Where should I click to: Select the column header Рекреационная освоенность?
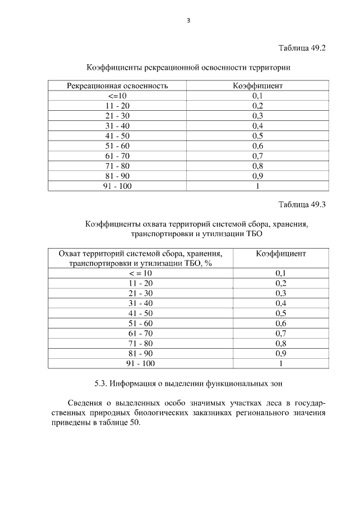(x=118, y=86)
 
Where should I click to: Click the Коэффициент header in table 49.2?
(x=258, y=86)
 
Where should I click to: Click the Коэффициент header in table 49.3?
(x=281, y=254)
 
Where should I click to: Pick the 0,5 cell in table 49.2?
(x=258, y=136)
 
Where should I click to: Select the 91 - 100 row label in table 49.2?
(x=117, y=186)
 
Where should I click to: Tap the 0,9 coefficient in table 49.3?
(x=281, y=353)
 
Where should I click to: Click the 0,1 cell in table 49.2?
(x=258, y=96)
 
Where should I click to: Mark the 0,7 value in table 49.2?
(x=258, y=156)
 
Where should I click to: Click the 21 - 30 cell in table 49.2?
(x=117, y=116)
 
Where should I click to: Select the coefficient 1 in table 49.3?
(x=281, y=363)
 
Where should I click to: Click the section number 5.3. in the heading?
(x=101, y=385)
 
